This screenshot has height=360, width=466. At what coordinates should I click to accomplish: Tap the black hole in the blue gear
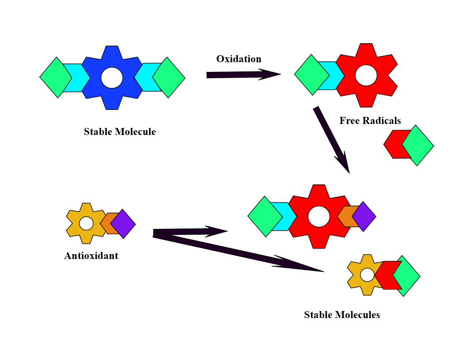coord(112,78)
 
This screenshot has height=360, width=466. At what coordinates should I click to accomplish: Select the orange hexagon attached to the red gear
coord(347,217)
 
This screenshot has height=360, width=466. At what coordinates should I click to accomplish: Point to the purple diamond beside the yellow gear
coord(124,224)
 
